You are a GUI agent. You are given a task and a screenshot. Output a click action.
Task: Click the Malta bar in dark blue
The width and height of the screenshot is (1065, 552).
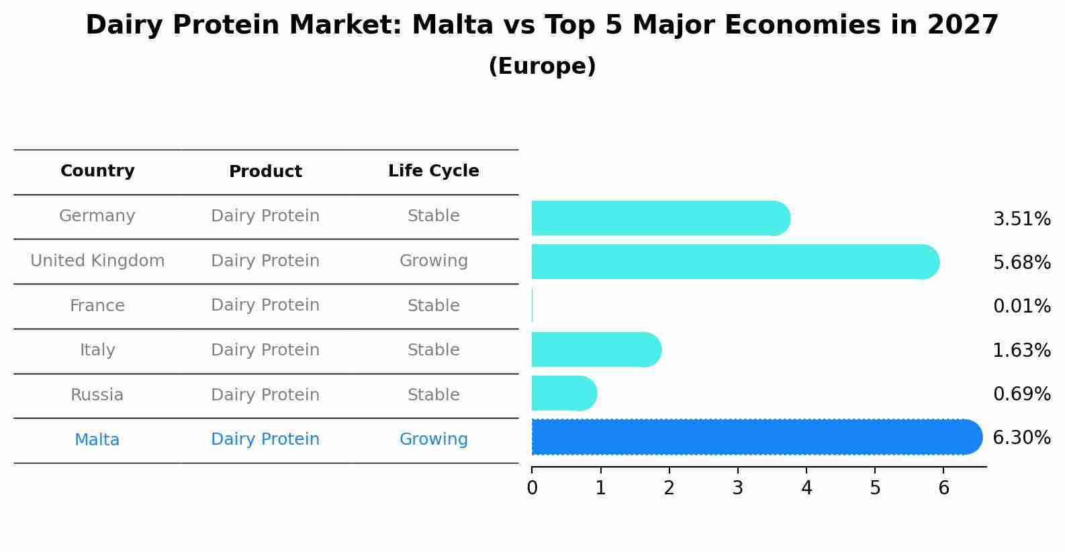coord(755,437)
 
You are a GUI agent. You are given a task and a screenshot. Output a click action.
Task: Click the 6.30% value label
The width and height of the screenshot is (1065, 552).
coord(1021,438)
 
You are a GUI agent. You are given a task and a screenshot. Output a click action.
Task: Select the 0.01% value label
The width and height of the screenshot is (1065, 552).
coord(1021,307)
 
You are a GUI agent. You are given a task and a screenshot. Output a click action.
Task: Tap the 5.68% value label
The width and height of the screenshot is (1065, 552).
coord(1021,262)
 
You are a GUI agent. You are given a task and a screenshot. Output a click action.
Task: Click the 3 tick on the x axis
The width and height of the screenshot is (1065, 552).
coord(737,488)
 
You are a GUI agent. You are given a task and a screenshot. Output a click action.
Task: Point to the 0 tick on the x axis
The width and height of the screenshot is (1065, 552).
coord(532,488)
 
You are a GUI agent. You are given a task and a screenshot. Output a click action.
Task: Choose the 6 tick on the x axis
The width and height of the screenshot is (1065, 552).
coord(943,488)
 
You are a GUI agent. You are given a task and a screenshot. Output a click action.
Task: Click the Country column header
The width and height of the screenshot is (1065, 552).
coord(97,171)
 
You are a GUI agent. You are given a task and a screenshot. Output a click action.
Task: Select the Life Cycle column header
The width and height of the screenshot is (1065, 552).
coord(433,171)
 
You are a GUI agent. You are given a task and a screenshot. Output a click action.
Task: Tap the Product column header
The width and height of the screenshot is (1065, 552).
coord(265,172)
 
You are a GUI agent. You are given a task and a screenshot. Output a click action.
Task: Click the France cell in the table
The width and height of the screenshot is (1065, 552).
coord(97,306)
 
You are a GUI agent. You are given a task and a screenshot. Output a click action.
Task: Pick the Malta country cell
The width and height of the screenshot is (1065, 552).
coord(97,440)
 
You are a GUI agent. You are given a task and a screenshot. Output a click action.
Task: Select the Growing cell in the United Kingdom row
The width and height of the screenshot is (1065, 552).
coord(433,261)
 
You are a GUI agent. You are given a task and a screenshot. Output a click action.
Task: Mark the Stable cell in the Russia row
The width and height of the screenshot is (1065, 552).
coord(433,395)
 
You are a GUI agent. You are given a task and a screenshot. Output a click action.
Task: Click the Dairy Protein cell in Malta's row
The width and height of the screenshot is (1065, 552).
coord(265,439)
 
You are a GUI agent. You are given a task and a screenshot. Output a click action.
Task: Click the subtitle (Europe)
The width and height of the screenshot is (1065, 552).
coord(542,66)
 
